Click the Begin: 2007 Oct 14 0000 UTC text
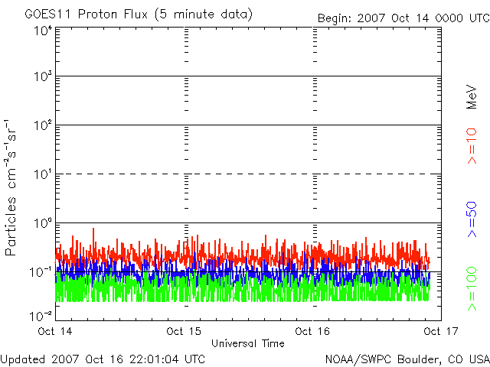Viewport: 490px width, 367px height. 403,18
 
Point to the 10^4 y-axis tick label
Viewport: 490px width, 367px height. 42,31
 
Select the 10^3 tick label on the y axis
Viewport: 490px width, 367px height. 42,77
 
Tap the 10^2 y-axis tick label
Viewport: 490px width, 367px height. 42,126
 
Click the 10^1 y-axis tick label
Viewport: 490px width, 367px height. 42,175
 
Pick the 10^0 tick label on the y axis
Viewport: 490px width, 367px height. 42,224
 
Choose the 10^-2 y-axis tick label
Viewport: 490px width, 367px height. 41,315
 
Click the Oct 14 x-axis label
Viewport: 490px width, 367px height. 56,331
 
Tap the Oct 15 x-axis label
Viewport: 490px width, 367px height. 184,331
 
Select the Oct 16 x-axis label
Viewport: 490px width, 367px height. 312,331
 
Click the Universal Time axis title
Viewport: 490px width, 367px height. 247,343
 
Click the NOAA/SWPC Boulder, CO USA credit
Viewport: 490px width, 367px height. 407,358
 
